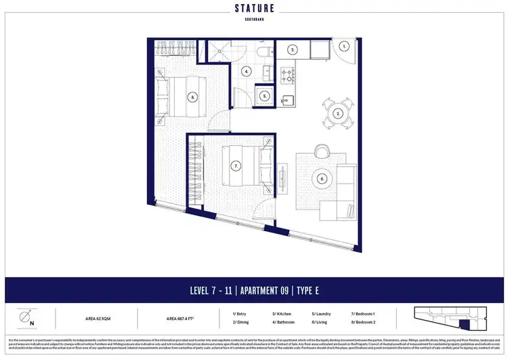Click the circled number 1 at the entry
point(344,47)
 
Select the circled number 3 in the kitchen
point(293,49)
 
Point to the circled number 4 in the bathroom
point(247,71)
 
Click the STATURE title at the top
point(253,9)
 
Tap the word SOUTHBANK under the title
point(253,20)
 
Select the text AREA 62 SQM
point(98,317)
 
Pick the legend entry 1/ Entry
point(240,313)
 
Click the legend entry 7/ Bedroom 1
point(365,313)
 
